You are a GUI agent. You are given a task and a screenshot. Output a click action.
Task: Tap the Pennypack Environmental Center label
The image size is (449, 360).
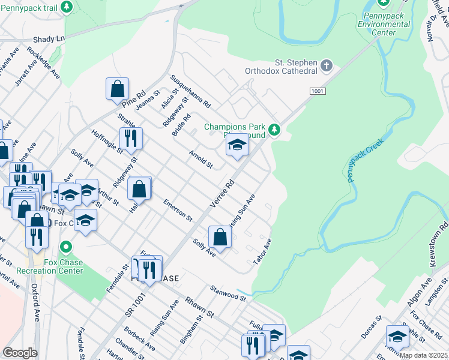point(384,24)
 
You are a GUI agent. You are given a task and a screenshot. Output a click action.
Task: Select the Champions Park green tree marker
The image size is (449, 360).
point(274,129)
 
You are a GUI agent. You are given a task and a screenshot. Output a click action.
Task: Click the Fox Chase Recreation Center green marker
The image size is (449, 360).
point(67,247)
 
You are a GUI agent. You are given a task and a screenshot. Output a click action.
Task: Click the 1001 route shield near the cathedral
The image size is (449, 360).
point(318,91)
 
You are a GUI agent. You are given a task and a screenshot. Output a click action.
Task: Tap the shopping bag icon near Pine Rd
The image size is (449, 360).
point(117,89)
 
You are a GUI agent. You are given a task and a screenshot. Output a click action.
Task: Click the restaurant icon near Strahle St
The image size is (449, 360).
point(130,138)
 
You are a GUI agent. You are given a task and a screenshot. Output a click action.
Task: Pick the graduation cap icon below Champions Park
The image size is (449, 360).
point(237,144)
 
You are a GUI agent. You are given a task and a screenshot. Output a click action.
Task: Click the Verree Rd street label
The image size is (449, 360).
point(221,193)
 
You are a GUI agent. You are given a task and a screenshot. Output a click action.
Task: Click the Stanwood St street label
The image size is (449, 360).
point(228,293)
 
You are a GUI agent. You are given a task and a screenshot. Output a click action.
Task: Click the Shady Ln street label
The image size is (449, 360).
point(49,38)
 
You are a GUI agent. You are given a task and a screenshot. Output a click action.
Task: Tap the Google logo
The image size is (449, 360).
point(20,352)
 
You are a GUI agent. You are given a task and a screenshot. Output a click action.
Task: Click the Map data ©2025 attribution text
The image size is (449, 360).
point(424,355)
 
